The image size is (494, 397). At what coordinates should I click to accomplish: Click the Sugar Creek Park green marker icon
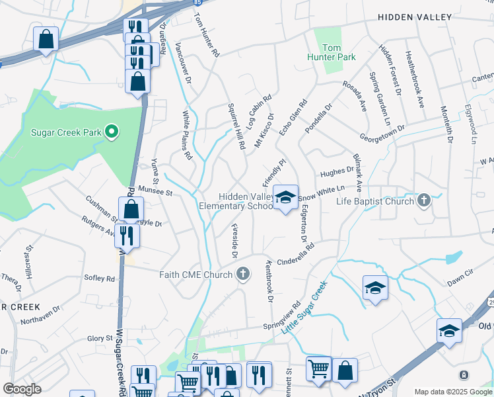tap(112, 132)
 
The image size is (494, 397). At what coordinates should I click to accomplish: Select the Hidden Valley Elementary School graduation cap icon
tap(285, 197)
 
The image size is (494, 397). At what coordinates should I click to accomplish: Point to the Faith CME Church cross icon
tap(243, 274)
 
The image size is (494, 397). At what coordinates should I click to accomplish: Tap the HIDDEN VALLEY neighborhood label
tap(414, 17)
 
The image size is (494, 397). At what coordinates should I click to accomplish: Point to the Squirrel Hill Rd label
tap(236, 126)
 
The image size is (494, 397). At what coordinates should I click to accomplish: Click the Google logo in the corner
tap(21, 389)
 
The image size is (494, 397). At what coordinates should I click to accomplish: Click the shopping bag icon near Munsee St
tap(131, 210)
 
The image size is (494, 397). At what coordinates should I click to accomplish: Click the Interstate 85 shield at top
tap(197, 3)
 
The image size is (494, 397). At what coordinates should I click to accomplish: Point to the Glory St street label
tap(101, 338)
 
